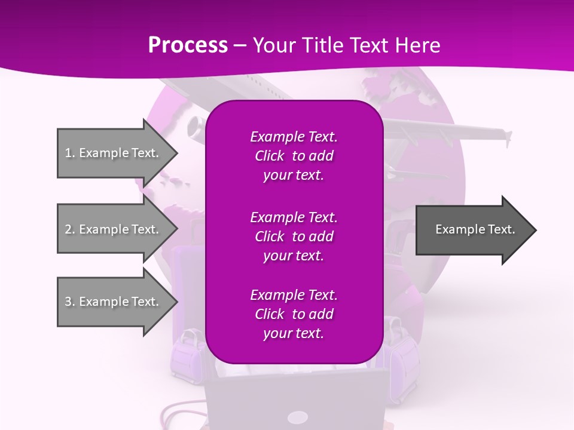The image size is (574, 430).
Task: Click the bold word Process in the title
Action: coord(188,45)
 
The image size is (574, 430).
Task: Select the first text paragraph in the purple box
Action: coord(294,156)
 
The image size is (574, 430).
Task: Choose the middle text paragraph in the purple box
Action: coord(294,236)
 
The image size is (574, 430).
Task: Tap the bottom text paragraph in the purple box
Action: coord(294,314)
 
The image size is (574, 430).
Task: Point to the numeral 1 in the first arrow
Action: coord(68,153)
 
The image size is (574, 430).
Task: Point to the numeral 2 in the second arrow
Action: coord(68,229)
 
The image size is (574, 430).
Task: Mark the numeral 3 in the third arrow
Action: coord(68,302)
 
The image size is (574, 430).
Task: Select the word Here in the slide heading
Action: coord(419,45)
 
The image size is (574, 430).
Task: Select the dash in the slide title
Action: coord(240,45)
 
